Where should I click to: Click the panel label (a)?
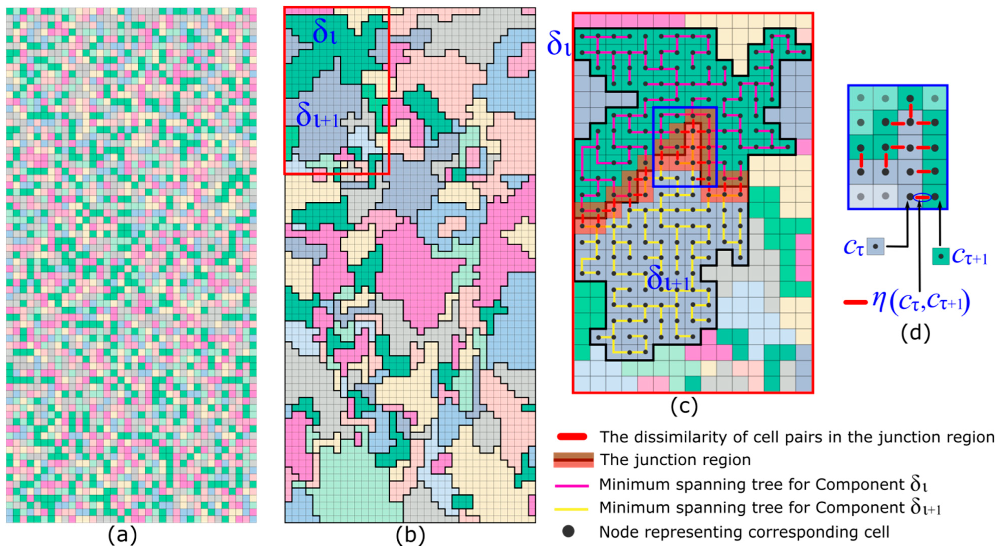tap(123, 536)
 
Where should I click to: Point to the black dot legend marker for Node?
tap(568, 532)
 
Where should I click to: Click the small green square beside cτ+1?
tap(940, 256)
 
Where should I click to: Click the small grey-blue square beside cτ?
tap(876, 246)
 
